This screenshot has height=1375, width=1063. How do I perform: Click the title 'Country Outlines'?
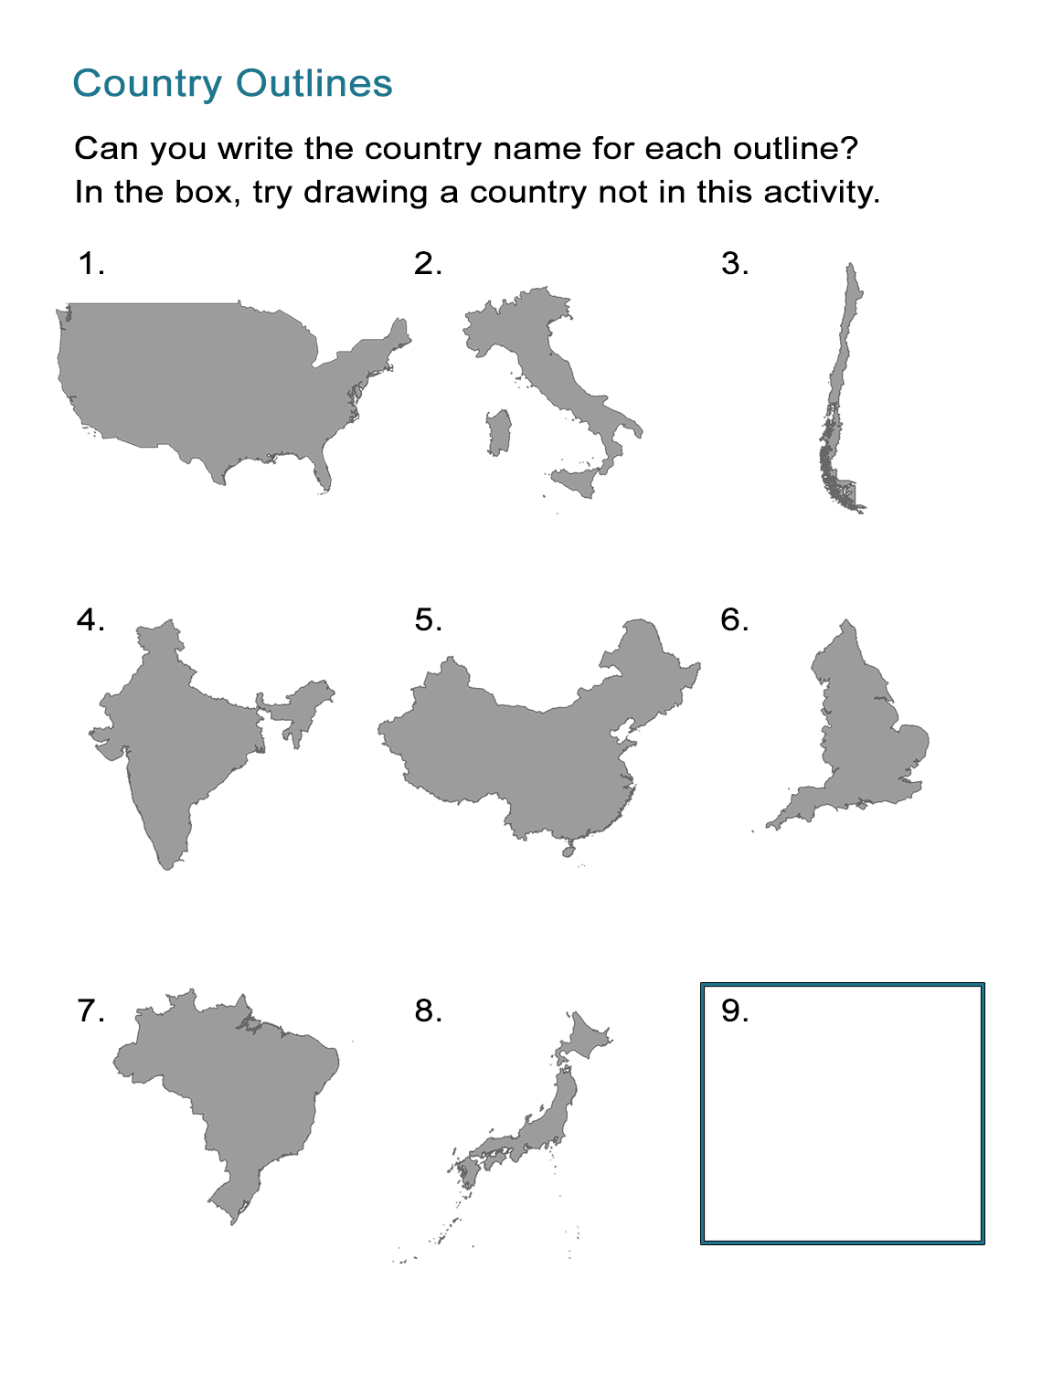click(x=232, y=83)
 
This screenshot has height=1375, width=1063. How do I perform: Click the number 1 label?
click(x=90, y=264)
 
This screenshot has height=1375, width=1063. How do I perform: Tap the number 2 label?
click(x=427, y=264)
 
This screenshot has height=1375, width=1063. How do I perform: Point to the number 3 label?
click(x=734, y=264)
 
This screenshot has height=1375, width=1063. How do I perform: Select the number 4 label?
click(x=90, y=620)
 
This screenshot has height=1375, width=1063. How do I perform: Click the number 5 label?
click(x=428, y=620)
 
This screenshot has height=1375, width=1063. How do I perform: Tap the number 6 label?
click(x=734, y=620)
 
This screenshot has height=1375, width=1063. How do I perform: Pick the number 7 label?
click(x=90, y=1011)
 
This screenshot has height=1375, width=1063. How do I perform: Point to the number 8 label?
click(x=428, y=1011)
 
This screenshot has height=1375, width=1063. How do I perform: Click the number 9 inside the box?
click(x=734, y=1011)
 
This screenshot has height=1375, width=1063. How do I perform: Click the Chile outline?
click(x=842, y=384)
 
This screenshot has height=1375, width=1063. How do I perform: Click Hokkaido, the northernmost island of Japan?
click(x=586, y=1037)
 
